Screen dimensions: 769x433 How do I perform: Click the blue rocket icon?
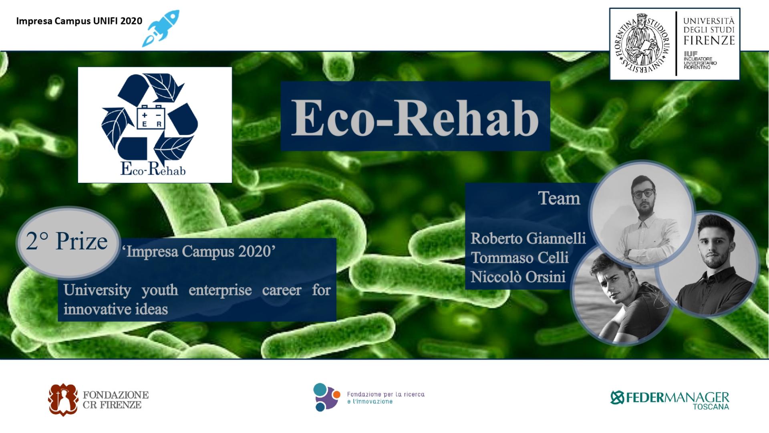[x=161, y=28]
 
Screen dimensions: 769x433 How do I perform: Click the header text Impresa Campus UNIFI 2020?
[x=79, y=21]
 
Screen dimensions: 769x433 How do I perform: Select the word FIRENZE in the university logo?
[x=709, y=40]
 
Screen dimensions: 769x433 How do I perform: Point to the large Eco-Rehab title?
[x=415, y=117]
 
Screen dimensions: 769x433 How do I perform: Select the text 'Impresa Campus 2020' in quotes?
[x=199, y=251]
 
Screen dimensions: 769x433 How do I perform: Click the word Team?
[x=559, y=198]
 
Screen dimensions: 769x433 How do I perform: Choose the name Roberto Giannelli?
[x=528, y=239]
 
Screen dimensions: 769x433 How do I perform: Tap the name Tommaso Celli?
[x=519, y=257]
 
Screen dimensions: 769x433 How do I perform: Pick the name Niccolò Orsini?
[x=518, y=277]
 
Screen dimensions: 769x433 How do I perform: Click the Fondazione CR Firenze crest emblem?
[x=63, y=400]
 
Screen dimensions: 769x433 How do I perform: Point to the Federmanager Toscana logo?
[x=670, y=400]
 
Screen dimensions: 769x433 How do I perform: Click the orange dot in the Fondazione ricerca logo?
[x=337, y=395]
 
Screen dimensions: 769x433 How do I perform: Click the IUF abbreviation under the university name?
[x=690, y=54]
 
